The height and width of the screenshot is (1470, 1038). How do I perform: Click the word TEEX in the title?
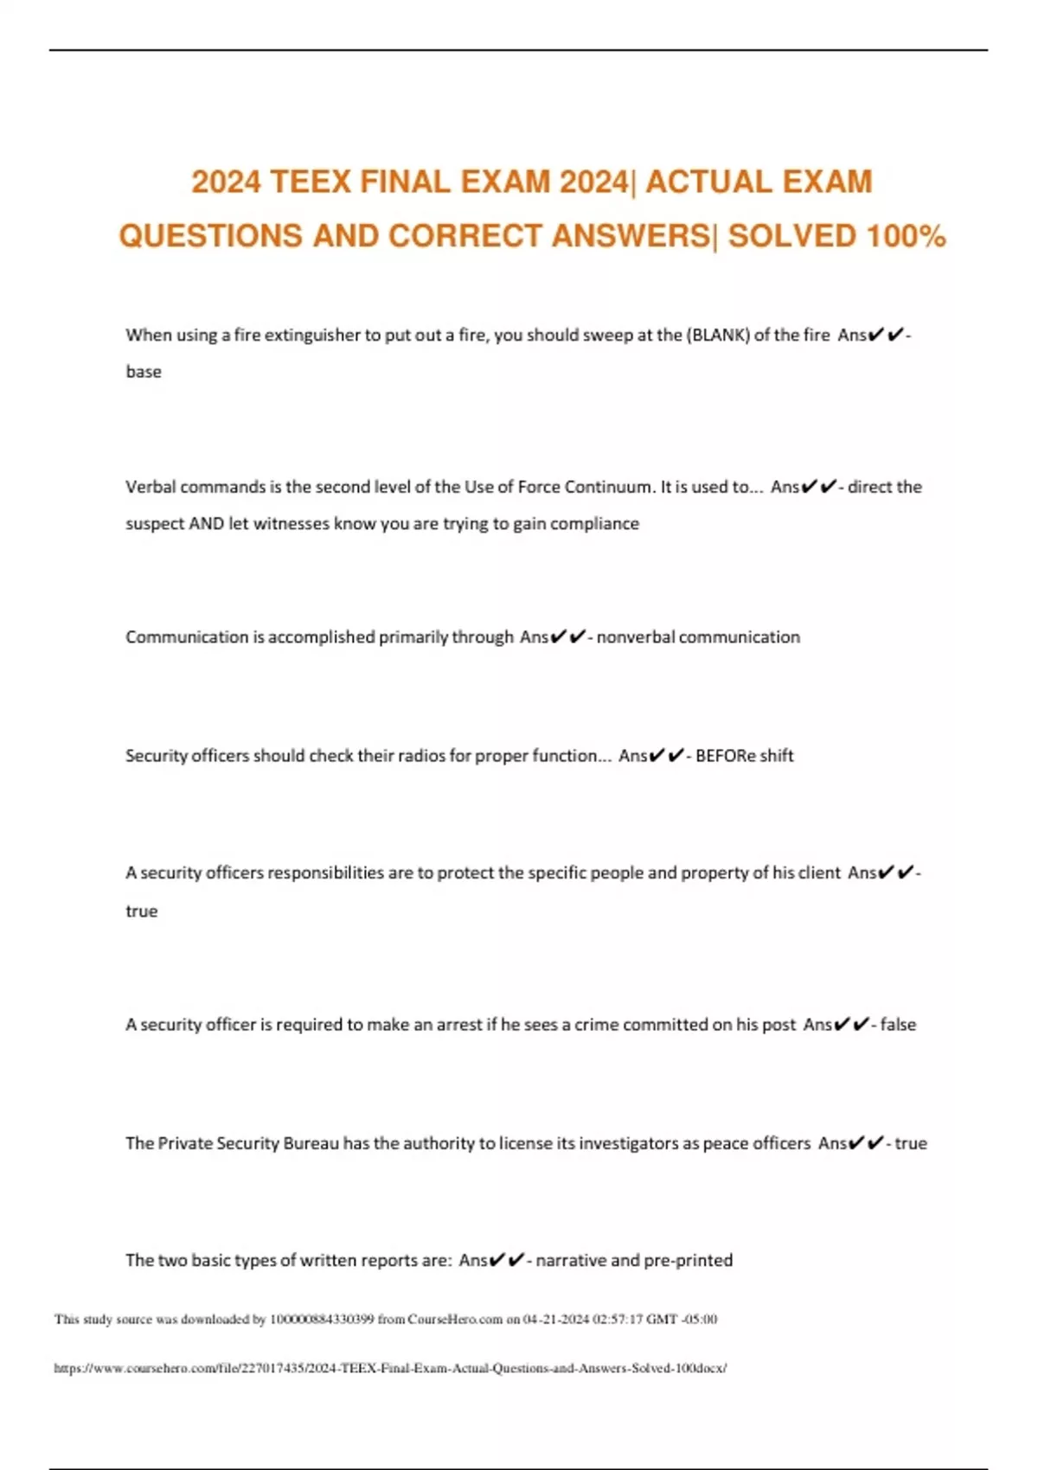pos(311,182)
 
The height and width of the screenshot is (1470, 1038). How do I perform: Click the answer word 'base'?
pos(144,372)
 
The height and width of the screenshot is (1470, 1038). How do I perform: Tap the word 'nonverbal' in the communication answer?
pos(636,637)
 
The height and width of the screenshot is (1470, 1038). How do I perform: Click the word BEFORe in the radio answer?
pos(726,756)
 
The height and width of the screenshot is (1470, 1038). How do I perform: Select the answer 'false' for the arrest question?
pos(898,1025)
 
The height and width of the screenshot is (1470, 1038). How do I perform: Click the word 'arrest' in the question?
pos(458,1025)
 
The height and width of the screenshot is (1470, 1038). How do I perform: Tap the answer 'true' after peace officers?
pos(910,1143)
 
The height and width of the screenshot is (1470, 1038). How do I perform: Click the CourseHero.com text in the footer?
pos(455,1320)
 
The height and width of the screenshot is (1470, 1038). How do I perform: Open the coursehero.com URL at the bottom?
pos(390,1368)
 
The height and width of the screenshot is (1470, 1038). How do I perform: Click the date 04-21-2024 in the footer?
pos(556,1320)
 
